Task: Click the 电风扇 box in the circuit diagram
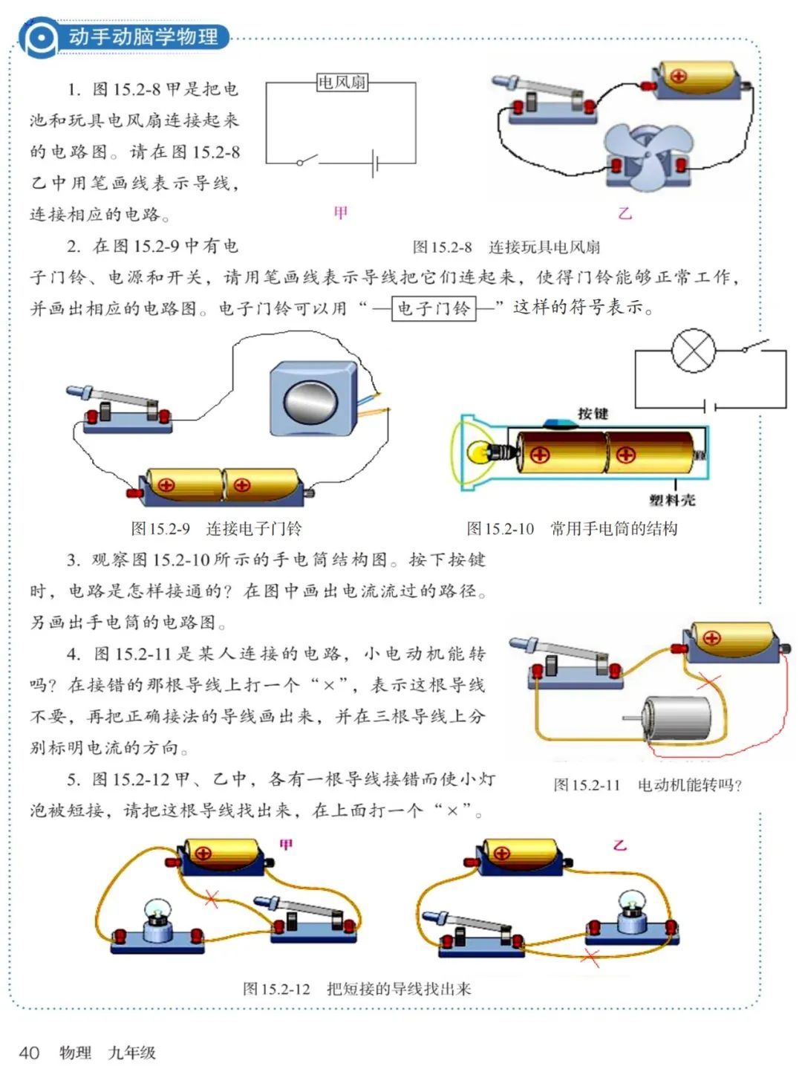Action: [x=342, y=82]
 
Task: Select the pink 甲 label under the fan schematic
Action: [x=341, y=213]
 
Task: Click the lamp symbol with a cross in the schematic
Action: [x=693, y=351]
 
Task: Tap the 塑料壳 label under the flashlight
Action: [x=672, y=500]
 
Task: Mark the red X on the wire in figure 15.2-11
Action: [x=710, y=680]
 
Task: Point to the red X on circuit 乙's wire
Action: [x=591, y=958]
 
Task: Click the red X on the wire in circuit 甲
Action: [x=212, y=899]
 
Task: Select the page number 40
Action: [x=29, y=1052]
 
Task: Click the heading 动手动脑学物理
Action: [x=143, y=36]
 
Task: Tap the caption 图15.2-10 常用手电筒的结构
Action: [x=572, y=529]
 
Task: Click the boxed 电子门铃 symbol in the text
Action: [x=434, y=308]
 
